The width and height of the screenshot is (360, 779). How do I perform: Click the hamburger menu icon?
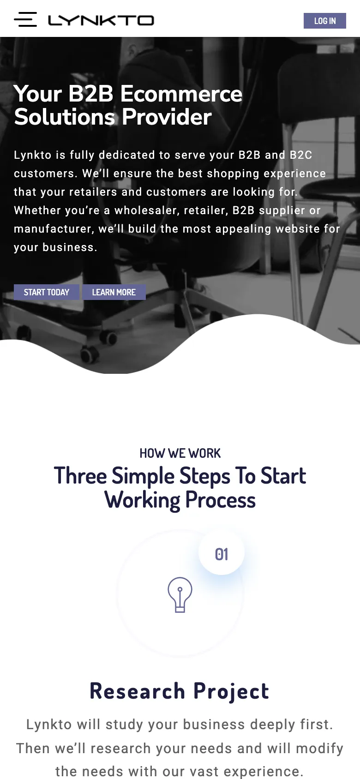25,19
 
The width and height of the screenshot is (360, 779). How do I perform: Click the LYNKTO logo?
101,20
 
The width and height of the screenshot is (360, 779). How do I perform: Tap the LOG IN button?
325,21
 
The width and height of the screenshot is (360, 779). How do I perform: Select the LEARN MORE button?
114,292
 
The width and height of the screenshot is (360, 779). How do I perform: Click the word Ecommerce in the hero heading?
181,94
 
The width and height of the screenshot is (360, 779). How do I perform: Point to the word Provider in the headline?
167,117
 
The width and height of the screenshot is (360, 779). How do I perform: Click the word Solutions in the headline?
64,117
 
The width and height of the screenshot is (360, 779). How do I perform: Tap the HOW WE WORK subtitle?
180,453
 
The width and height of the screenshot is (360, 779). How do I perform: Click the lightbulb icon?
180,595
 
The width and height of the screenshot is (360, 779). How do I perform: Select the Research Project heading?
180,691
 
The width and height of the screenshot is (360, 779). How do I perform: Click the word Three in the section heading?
80,476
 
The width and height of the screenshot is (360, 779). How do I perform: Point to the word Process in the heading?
221,500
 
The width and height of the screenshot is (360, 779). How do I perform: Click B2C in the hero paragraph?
301,155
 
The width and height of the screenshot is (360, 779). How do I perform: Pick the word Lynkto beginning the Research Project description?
49,725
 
